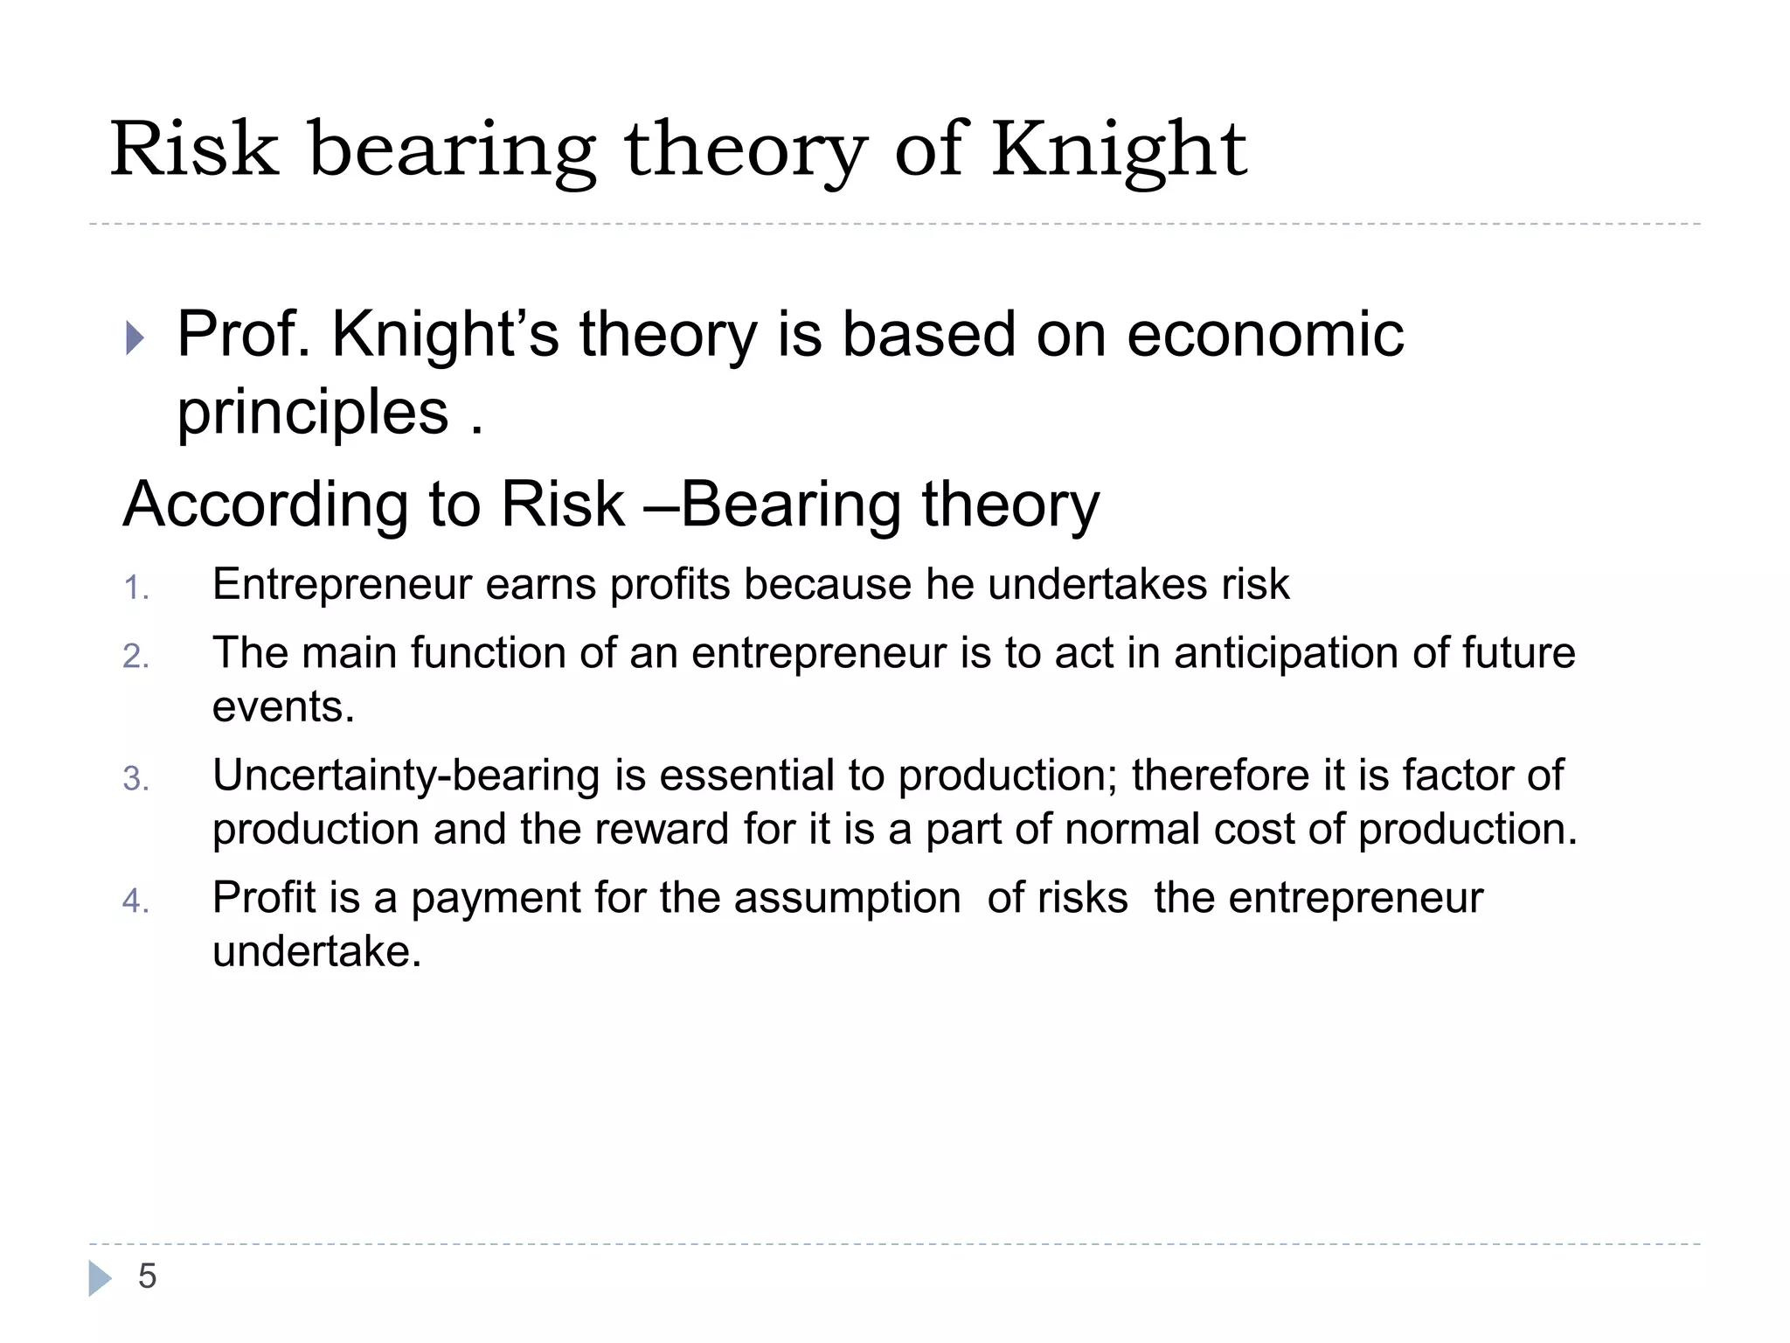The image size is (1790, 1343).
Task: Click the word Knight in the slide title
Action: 1118,150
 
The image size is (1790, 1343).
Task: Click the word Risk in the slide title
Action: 193,150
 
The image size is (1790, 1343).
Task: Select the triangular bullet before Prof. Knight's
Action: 134,337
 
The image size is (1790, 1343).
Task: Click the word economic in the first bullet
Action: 1265,334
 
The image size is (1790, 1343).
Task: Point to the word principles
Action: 312,413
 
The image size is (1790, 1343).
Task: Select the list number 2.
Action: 135,657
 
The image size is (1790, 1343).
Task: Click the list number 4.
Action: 135,901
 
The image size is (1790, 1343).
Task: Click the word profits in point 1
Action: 670,584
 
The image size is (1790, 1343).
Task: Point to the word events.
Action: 283,706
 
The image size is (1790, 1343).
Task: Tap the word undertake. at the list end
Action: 316,951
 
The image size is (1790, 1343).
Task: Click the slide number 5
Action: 147,1277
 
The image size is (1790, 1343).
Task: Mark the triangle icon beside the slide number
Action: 100,1278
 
